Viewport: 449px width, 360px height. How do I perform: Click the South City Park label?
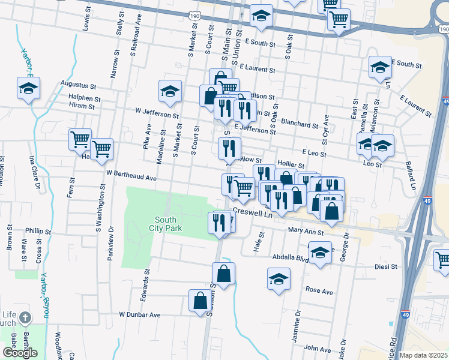tap(166, 223)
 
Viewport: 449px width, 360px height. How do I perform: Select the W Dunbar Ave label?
tap(140, 314)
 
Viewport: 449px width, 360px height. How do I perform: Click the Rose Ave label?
tap(319, 291)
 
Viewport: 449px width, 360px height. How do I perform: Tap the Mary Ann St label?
tap(306, 231)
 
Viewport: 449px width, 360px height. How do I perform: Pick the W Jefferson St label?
tap(157, 112)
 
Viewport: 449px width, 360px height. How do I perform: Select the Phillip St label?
tap(38, 230)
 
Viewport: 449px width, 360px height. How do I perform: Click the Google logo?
tap(20, 352)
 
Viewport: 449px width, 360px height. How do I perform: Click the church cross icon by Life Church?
tap(25, 317)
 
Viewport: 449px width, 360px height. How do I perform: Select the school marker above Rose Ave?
tap(279, 279)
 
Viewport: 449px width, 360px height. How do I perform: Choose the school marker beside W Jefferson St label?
tap(170, 91)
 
